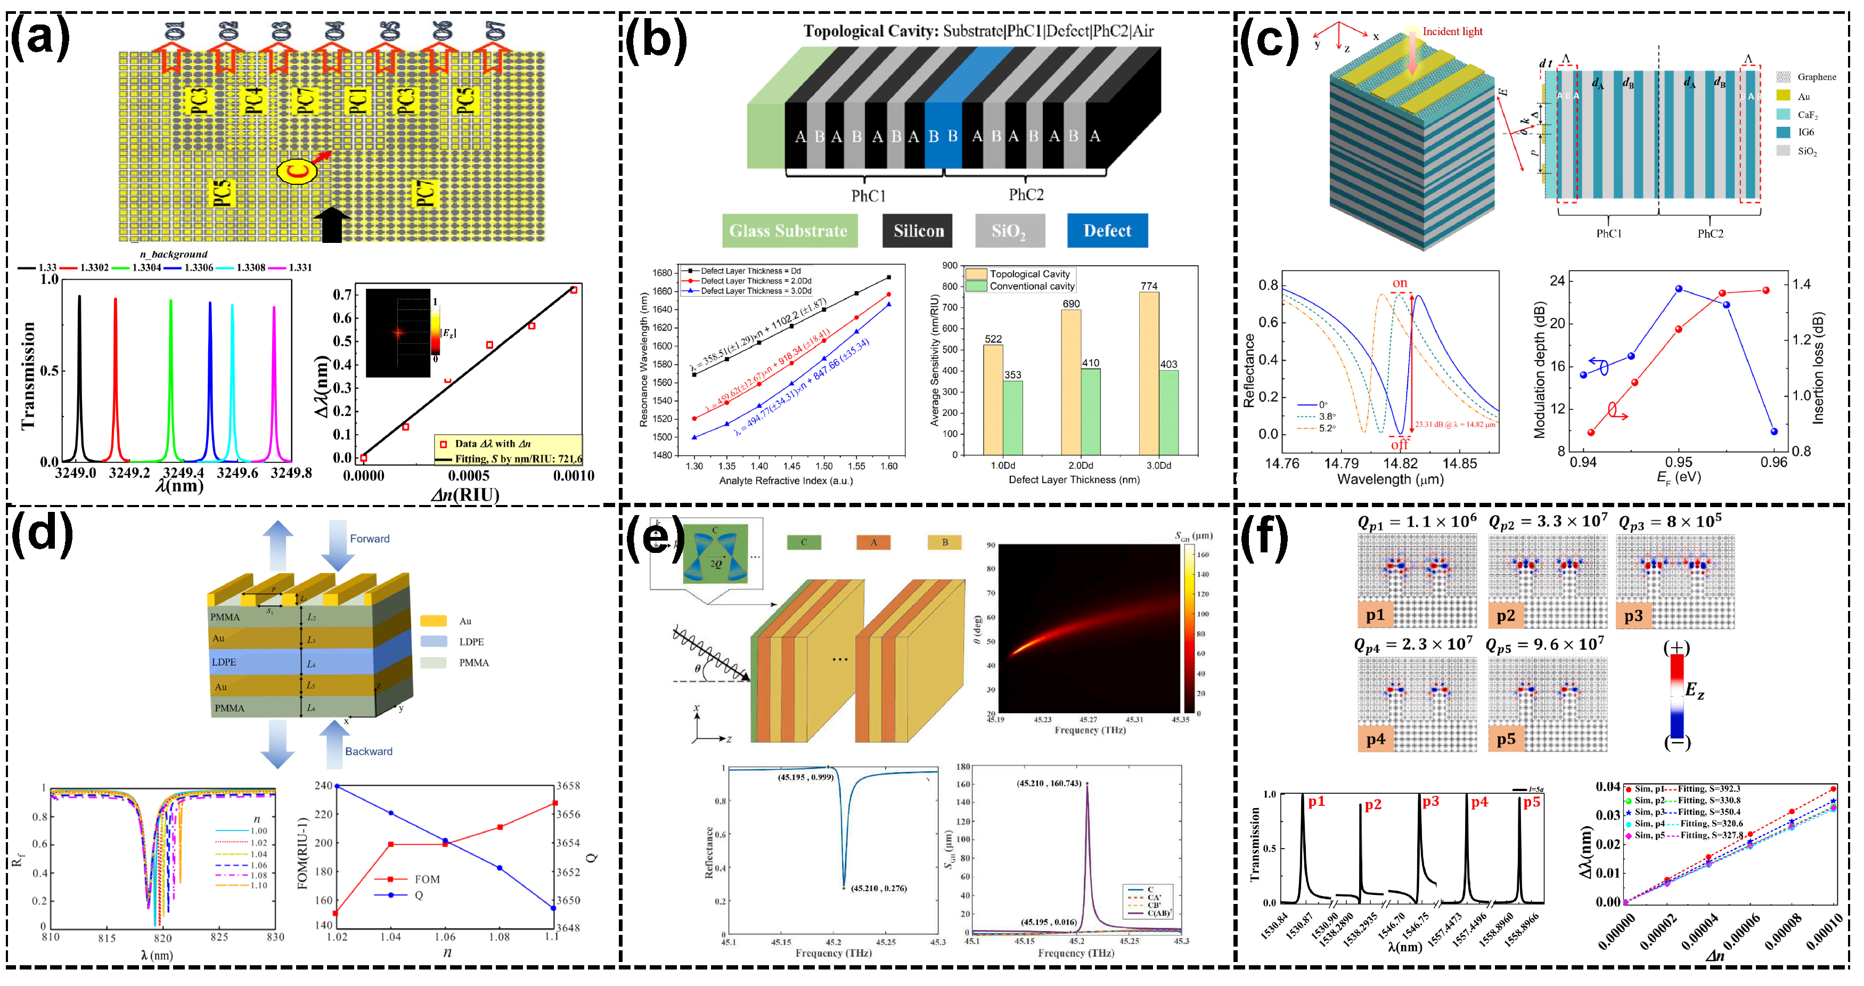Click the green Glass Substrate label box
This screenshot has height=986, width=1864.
tap(789, 231)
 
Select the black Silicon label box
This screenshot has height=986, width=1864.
tap(918, 231)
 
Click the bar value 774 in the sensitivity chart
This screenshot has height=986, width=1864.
tap(1149, 286)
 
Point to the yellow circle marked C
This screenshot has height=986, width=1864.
tap(297, 172)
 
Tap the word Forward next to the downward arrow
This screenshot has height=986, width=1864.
tap(369, 539)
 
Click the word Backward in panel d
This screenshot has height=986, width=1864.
tap(369, 752)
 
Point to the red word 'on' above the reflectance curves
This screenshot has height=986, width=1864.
tap(1400, 283)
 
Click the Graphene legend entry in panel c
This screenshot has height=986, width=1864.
tap(1816, 77)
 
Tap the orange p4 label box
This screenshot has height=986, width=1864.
tap(1375, 739)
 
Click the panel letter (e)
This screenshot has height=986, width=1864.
tap(655, 537)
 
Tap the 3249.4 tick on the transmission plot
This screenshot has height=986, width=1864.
tap(183, 472)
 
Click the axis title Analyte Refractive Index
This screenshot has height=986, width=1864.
tap(786, 480)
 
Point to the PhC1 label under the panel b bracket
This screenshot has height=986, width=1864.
tap(868, 195)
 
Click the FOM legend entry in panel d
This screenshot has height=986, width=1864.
tap(427, 879)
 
